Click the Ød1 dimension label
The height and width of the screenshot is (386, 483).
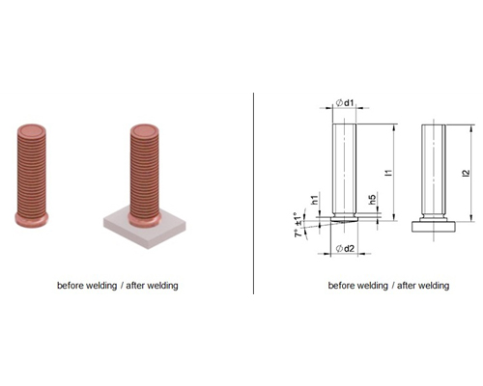345,103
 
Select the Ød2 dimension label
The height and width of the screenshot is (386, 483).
345,248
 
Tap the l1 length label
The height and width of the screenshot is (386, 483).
389,173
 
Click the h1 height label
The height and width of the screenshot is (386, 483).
315,200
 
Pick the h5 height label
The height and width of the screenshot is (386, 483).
372,200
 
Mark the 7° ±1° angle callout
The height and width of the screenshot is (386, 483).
299,225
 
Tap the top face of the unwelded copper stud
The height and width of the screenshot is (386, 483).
31,131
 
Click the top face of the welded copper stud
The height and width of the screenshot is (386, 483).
145,131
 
